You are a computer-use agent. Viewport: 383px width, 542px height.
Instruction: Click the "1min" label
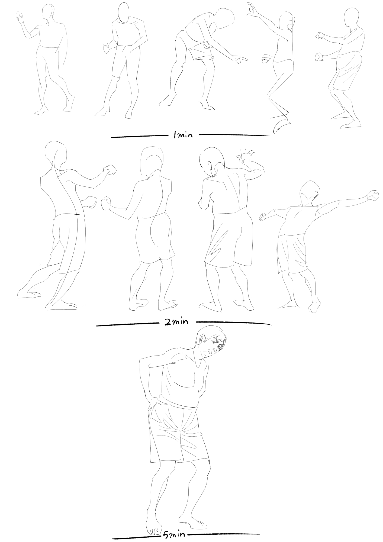point(183,135)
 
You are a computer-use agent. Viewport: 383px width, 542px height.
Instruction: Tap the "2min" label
point(176,322)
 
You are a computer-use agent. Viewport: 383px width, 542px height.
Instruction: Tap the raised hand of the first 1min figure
point(20,17)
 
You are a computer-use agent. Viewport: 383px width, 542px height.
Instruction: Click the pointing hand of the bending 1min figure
point(241,60)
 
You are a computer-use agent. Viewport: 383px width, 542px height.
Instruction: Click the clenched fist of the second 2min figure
point(106,204)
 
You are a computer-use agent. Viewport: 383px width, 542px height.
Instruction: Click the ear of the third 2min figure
point(210,165)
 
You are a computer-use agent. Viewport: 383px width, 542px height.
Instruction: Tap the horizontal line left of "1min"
point(139,136)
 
